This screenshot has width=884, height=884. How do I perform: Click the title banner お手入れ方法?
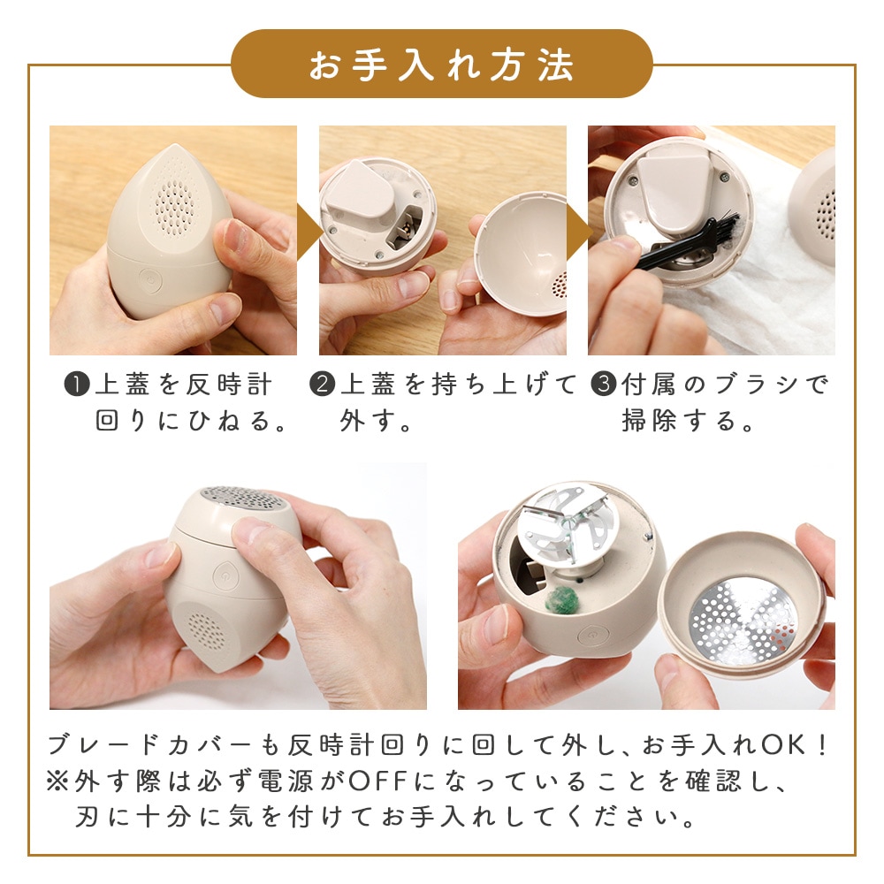441,64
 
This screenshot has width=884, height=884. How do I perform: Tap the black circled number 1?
77,385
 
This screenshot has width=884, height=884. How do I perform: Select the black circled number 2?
323,385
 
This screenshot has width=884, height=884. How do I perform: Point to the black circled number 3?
603,385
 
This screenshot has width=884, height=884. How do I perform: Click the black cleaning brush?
685,241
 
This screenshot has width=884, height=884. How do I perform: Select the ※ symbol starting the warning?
57,781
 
